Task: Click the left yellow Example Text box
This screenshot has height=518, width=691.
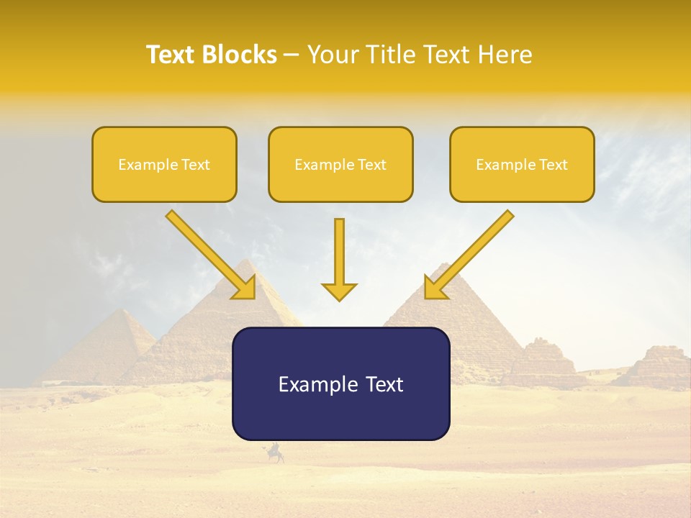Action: point(164,164)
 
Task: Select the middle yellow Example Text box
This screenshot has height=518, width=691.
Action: point(340,164)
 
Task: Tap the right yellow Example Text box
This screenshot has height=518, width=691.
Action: point(522,164)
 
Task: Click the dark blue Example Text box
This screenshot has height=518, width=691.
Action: point(340,383)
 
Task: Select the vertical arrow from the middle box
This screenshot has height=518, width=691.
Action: point(339,259)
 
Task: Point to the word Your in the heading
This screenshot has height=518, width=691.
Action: point(332,55)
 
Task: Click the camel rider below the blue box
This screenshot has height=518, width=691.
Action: point(274,453)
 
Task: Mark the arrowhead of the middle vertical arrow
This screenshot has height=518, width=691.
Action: point(339,291)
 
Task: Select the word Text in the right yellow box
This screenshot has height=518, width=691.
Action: point(554,164)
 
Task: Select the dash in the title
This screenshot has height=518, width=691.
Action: point(292,55)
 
